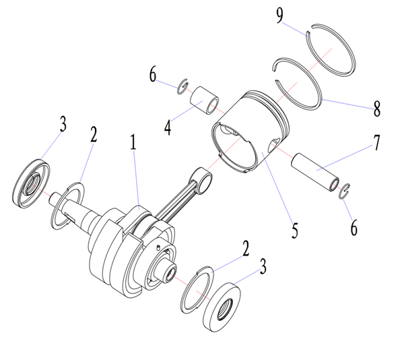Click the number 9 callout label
click(x=280, y=16)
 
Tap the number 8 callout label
click(x=376, y=107)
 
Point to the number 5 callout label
click(x=294, y=229)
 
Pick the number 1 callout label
click(x=133, y=142)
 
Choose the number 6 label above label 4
click(x=154, y=73)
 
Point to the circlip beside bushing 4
click(x=182, y=87)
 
